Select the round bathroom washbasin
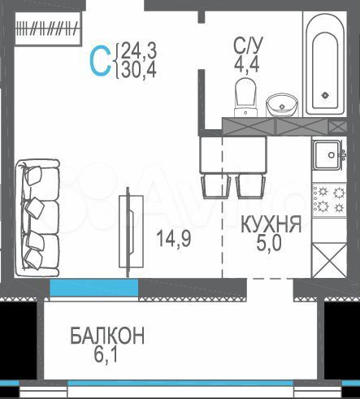[x=282, y=102]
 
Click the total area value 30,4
[x=139, y=71]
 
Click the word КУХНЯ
[x=272, y=225]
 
